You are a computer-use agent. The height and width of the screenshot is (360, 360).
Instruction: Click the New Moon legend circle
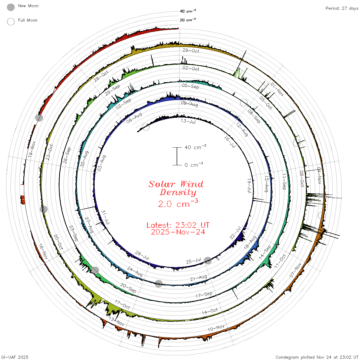point(11,7)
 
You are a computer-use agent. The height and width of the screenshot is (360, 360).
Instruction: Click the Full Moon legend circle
point(11,22)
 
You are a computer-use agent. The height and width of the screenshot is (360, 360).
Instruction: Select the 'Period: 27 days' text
point(342,8)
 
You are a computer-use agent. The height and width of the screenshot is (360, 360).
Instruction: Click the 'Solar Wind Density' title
point(176,188)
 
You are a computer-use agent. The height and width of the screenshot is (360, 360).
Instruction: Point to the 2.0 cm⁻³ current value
point(178,203)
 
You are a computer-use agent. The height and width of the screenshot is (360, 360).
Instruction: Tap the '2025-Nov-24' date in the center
point(178,232)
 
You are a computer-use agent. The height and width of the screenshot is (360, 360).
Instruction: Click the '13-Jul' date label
point(188,121)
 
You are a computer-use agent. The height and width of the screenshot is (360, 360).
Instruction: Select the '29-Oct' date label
point(191,51)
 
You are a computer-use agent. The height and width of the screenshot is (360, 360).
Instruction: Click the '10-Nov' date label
point(216,328)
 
